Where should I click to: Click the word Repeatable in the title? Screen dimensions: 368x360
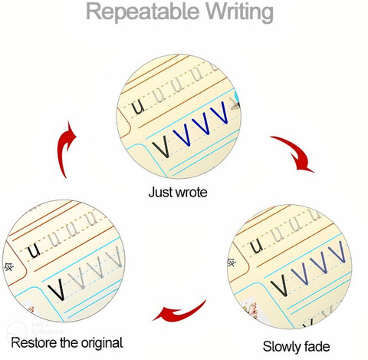[x=143, y=12]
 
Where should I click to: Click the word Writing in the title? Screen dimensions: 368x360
[x=240, y=12]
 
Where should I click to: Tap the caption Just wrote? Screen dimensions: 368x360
[x=178, y=192]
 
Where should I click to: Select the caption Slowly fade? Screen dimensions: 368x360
[x=296, y=346]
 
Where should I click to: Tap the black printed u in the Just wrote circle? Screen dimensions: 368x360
[x=138, y=107]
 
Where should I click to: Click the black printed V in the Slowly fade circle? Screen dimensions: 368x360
[x=280, y=286]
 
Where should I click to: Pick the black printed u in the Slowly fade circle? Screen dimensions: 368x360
[x=256, y=246]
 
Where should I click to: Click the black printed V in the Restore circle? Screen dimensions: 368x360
[x=57, y=289]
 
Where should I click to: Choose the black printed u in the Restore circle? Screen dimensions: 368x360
[x=34, y=250]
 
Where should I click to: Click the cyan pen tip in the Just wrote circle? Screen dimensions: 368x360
[x=237, y=98]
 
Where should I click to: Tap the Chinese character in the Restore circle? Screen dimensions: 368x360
[x=9, y=268]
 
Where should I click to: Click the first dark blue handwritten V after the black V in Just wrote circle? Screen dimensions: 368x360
[x=182, y=134]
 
